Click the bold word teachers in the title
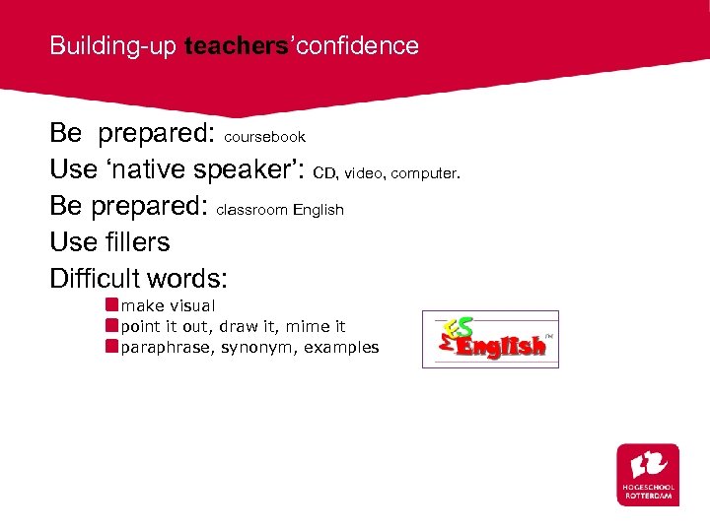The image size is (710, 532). click(x=232, y=46)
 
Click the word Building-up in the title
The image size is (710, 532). click(x=113, y=46)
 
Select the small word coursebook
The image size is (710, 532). click(x=265, y=137)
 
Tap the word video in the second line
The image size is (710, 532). click(x=365, y=173)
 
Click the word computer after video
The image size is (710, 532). click(x=425, y=173)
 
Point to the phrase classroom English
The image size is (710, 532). click(x=280, y=210)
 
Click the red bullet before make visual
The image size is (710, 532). click(x=112, y=306)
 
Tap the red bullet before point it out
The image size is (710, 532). click(x=112, y=326)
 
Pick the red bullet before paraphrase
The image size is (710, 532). click(x=112, y=347)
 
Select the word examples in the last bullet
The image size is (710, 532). click(x=341, y=348)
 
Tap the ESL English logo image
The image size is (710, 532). click(x=490, y=339)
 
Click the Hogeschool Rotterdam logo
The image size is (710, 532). click(x=647, y=474)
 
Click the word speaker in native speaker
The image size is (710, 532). click(x=251, y=169)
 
